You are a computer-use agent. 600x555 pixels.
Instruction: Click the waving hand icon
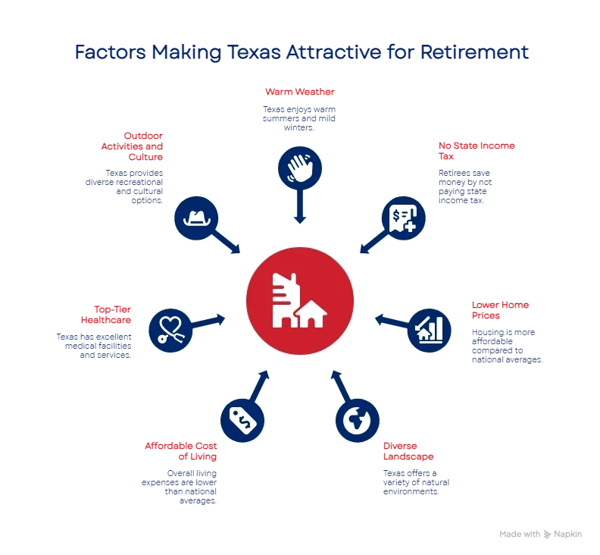click(300, 168)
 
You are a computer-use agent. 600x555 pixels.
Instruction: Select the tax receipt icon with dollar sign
click(403, 218)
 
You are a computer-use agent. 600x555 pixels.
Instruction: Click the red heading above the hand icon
click(300, 91)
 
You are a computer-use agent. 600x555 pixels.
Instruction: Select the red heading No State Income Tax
click(475, 151)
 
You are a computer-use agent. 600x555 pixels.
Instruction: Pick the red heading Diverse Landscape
click(408, 451)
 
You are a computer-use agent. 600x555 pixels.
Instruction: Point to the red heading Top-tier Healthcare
click(113, 314)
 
